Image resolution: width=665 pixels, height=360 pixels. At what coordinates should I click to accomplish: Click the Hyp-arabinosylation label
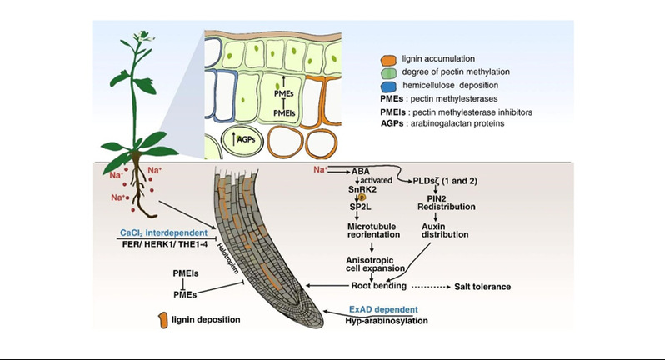click(393, 319)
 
